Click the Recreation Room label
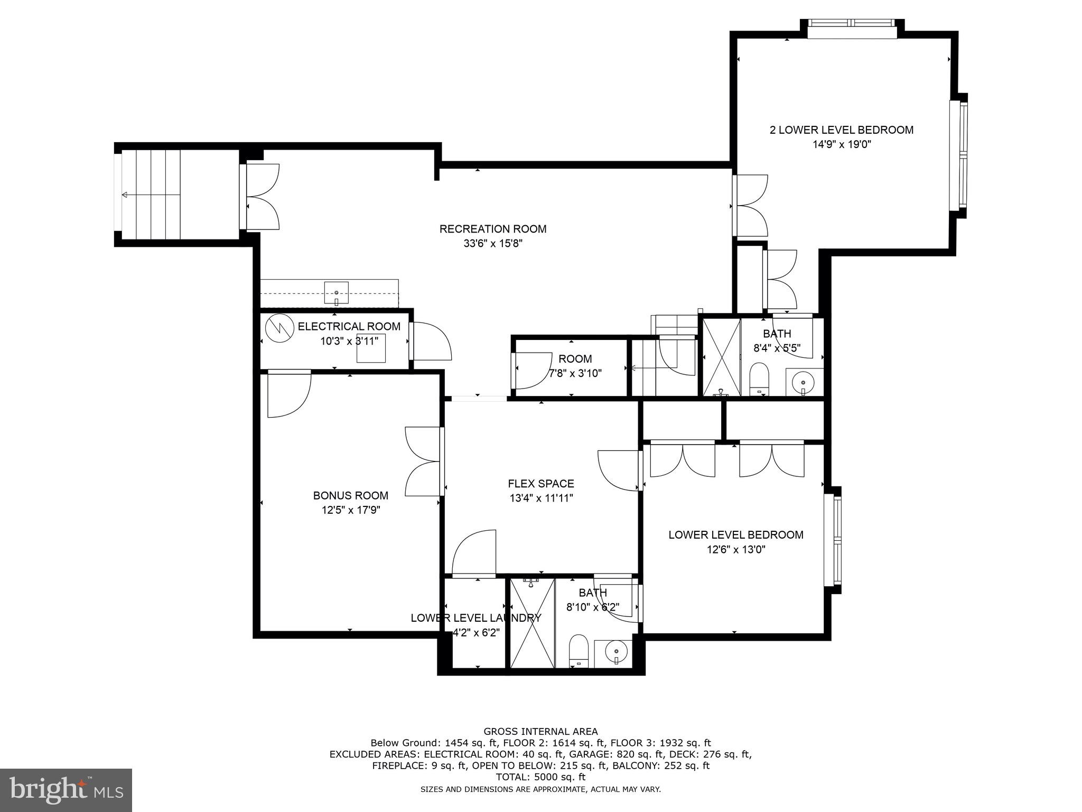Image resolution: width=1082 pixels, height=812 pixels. click(x=493, y=229)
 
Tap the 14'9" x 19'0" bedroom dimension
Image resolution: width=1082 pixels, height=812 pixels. click(x=842, y=144)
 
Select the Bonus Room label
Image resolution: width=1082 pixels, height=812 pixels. click(x=351, y=495)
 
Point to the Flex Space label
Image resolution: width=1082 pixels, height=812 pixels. click(x=541, y=483)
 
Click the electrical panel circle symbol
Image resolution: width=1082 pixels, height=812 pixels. click(x=279, y=328)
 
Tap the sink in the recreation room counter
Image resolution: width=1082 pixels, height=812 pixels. click(x=337, y=293)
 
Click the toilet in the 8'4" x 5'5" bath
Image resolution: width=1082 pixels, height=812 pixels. click(x=759, y=379)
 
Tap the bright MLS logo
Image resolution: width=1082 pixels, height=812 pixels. click(x=66, y=790)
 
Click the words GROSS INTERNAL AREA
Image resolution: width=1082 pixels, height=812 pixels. click(x=540, y=732)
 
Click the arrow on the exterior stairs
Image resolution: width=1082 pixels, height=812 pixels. click(x=151, y=195)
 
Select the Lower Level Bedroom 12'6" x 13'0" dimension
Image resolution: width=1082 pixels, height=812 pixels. click(x=736, y=549)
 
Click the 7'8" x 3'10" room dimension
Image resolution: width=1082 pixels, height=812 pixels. click(x=575, y=373)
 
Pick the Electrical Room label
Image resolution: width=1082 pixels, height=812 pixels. click(x=349, y=326)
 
